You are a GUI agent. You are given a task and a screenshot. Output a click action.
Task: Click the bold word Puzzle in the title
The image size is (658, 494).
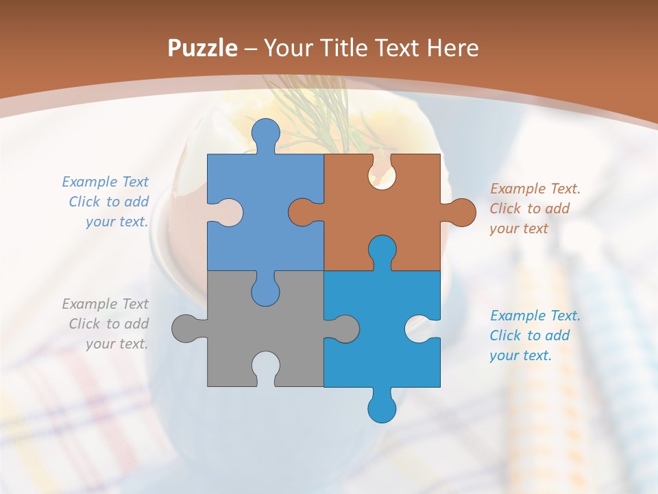(202, 48)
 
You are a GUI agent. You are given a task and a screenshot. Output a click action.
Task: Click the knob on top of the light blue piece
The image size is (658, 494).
(265, 133)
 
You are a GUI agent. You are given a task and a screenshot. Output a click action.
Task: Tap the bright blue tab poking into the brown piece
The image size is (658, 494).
(382, 251)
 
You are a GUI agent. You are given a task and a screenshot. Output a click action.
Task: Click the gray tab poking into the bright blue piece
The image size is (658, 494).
(343, 329)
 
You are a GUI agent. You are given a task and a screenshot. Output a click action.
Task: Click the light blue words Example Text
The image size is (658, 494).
(105, 182)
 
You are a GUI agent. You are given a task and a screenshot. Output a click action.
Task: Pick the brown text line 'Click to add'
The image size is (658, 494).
(529, 209)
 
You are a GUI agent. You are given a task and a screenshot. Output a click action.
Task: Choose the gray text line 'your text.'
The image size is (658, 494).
(117, 344)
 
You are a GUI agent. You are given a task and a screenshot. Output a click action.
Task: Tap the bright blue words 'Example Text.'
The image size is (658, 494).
(535, 316)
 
